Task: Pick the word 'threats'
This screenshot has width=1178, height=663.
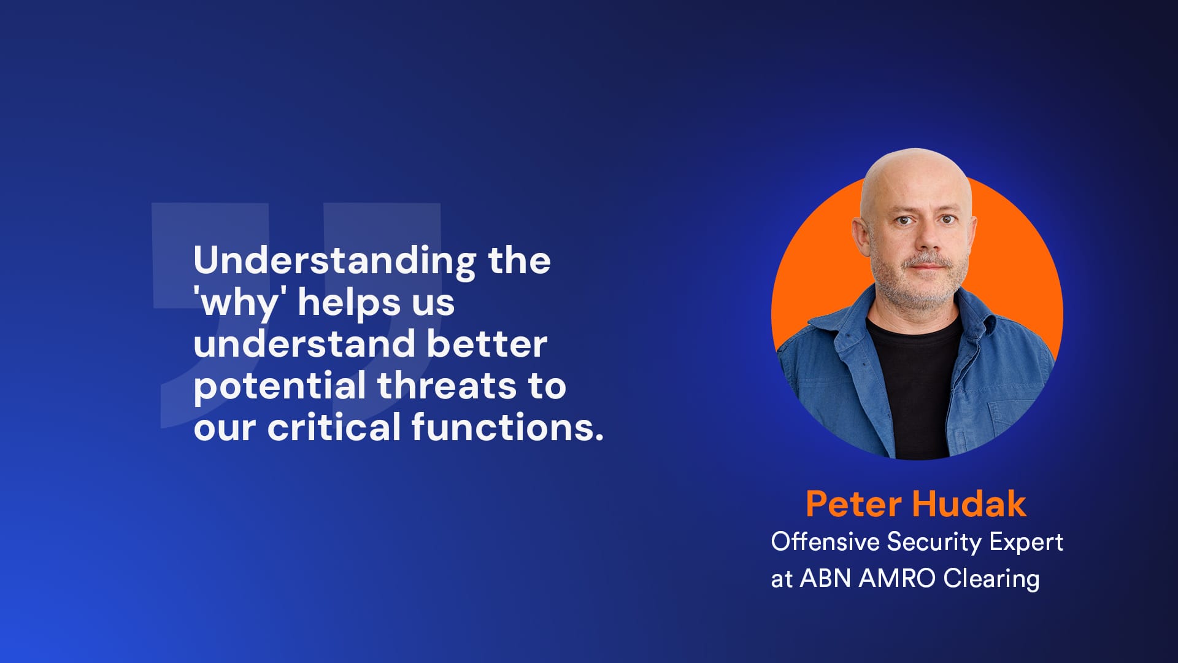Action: [x=447, y=386]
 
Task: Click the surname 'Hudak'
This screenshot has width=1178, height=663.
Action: [x=969, y=504]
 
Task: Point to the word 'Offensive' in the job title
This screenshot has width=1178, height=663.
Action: [x=825, y=541]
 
